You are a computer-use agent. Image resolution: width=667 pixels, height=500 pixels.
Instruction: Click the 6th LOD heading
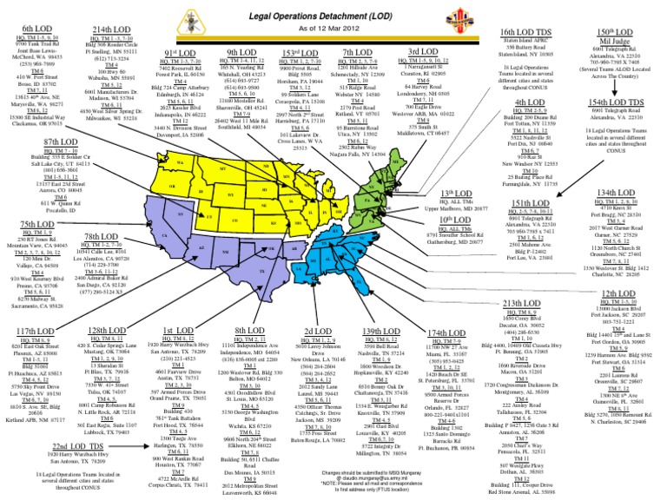click(x=34, y=29)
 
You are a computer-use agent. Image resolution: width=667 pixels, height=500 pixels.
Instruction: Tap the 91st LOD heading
click(x=178, y=54)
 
